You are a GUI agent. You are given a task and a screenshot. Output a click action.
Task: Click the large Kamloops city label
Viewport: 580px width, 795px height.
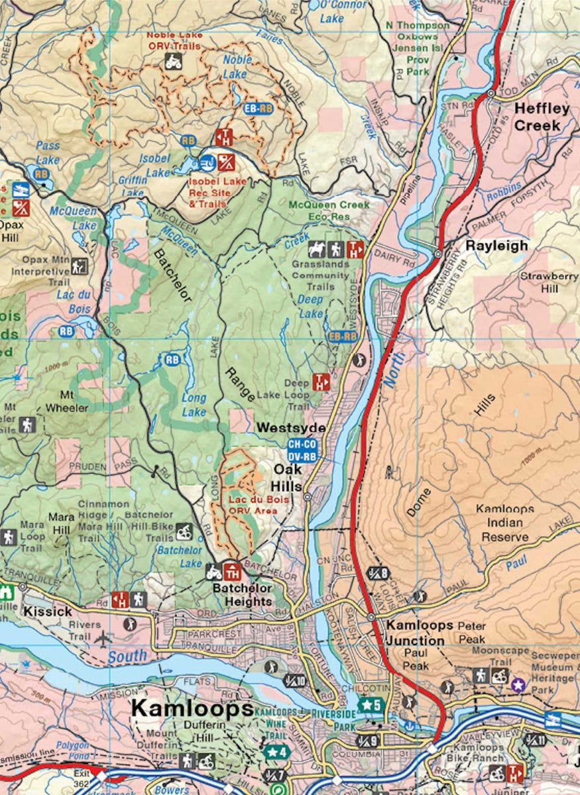[191, 708]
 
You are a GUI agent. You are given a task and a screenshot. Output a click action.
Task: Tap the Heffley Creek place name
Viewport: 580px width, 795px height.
[542, 117]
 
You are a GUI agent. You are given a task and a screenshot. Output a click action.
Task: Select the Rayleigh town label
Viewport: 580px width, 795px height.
[496, 245]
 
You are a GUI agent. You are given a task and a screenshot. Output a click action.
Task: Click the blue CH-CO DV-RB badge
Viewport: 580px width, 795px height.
[302, 450]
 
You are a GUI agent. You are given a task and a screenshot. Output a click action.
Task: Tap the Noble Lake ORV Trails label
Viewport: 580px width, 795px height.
[174, 40]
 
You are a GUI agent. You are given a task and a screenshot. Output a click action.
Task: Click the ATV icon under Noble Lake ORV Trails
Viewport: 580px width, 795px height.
[173, 62]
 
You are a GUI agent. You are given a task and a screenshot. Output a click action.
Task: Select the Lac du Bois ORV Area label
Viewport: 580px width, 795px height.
[259, 505]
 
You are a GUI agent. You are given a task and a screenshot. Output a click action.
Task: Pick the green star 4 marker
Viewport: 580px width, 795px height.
[275, 751]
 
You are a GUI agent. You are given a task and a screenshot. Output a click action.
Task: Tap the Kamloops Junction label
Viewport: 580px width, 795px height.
[416, 633]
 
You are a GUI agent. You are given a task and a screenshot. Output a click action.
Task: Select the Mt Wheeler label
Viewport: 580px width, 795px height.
[66, 401]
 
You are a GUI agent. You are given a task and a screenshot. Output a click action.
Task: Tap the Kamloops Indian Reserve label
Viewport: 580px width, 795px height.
[505, 523]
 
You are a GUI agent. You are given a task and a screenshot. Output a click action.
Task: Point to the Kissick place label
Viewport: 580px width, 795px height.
[47, 611]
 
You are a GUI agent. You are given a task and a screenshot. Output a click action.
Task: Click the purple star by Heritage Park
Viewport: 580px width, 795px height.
[518, 683]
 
